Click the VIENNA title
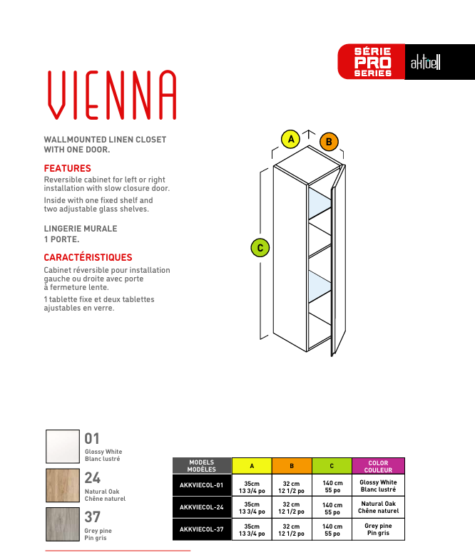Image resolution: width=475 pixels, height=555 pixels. (111, 95)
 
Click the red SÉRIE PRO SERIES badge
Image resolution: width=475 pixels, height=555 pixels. (372, 63)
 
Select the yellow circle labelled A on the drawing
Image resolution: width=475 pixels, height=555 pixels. (290, 139)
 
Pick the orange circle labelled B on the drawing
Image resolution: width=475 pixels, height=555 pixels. (328, 142)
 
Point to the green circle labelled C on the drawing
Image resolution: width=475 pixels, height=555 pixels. (261, 248)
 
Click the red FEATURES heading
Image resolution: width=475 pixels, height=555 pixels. (68, 169)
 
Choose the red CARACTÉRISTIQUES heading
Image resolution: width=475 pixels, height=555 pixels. (88, 257)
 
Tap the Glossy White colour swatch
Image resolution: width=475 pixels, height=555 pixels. (63, 447)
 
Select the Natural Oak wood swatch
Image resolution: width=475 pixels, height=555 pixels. (63, 486)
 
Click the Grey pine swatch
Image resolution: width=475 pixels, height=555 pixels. (63, 524)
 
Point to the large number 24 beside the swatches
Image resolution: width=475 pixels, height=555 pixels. (92, 478)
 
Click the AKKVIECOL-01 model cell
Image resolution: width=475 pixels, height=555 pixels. (202, 486)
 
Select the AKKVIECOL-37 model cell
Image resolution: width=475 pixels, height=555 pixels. (202, 529)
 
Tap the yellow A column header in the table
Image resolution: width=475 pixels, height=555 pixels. (252, 467)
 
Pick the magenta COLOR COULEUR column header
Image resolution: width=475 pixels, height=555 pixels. (378, 467)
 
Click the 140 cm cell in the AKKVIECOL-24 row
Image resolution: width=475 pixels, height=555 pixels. (332, 508)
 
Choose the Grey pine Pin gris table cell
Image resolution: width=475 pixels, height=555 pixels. (378, 529)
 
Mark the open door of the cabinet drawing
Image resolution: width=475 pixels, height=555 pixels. (337, 264)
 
